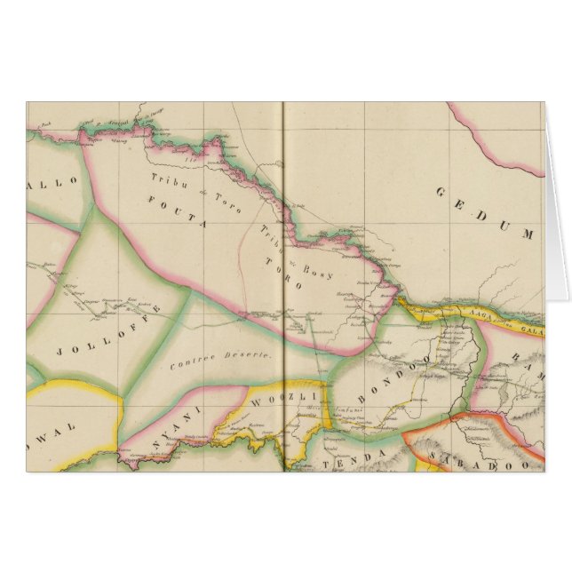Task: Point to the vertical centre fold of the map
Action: [282, 266]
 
